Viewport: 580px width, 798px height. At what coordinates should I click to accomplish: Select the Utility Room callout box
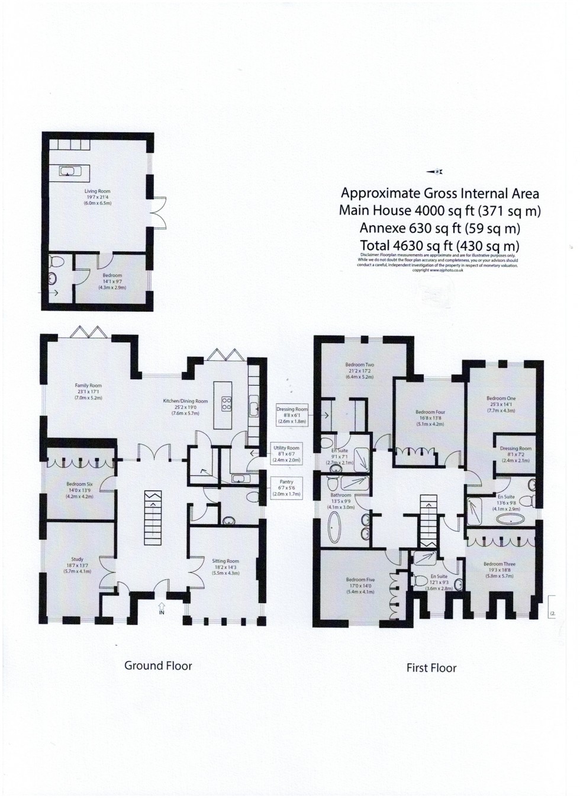coord(286,454)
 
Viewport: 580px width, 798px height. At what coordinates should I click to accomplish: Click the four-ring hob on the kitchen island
coord(226,404)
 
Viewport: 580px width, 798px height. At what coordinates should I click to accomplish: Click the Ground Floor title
coord(158,665)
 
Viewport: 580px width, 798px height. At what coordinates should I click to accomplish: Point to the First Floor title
coord(431,668)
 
